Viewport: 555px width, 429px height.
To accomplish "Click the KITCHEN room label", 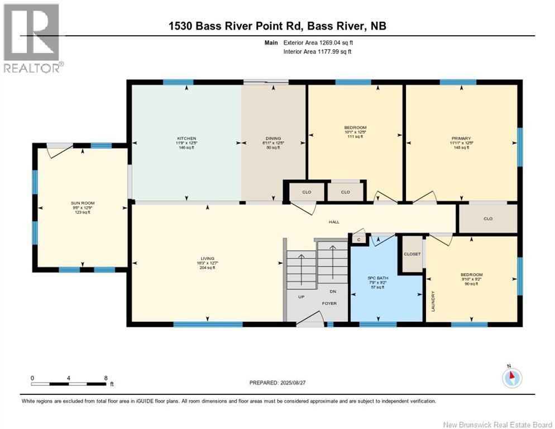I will (x=186, y=139).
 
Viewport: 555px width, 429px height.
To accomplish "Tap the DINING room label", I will (x=273, y=139).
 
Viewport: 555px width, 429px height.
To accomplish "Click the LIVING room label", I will (x=207, y=259).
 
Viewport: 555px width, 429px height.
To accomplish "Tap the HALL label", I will (x=334, y=222).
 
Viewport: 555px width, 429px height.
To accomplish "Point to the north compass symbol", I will (x=511, y=378).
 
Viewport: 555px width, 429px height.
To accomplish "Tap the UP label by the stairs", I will (x=301, y=297).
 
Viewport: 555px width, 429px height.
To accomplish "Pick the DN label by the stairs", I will (x=332, y=291).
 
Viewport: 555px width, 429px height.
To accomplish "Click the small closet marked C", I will (x=357, y=239).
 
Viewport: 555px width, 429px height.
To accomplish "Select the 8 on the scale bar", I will (x=106, y=378).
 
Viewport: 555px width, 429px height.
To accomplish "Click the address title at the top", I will (x=277, y=26).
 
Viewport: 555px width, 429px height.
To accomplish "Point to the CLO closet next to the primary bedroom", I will (x=487, y=219).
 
